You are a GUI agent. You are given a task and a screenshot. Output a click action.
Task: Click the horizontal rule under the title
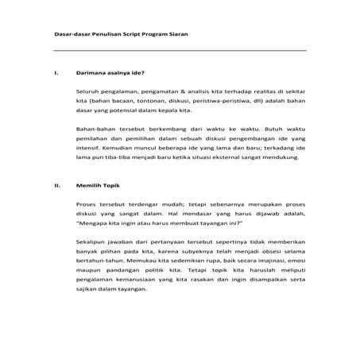click(x=179, y=51)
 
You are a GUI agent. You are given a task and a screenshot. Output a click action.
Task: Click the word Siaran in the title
click(x=176, y=35)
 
